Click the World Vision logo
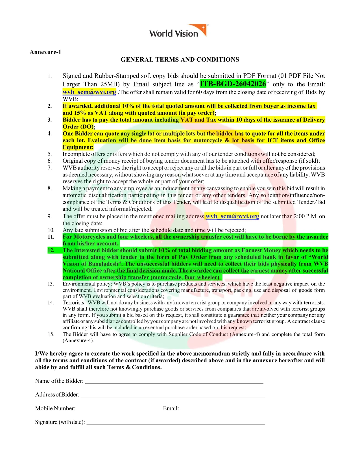pyautogui.click(x=178, y=31)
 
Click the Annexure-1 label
pyautogui.click(x=45, y=52)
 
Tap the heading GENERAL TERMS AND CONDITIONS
pyautogui.click(x=180, y=60)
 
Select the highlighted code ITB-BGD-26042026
pyautogui.click(x=233, y=84)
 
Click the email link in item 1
pyautogui.click(x=89, y=92)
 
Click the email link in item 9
pyautogui.click(x=232, y=216)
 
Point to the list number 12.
pyautogui.click(x=51, y=250)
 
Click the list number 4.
pyautogui.click(x=50, y=134)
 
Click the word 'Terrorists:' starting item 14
pyautogui.click(x=74, y=302)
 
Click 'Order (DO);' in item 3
pyautogui.click(x=79, y=127)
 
